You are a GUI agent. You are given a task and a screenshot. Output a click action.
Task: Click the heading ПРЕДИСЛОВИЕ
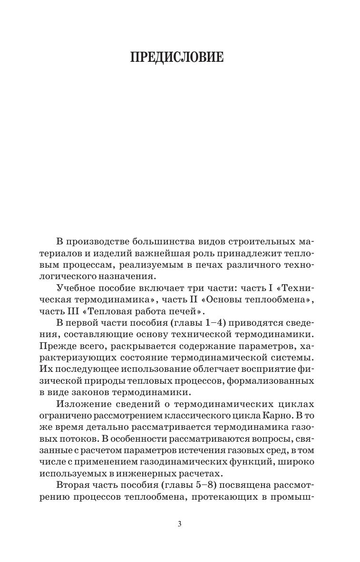176,58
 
